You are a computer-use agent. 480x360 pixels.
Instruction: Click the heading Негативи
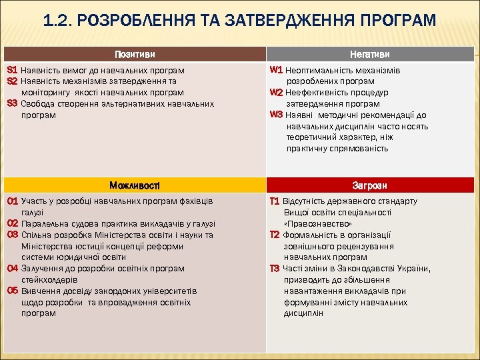(371, 54)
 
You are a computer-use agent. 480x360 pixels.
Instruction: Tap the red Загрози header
(371, 185)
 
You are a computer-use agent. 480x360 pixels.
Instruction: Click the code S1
(12, 69)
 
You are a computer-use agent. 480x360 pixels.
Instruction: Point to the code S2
(12, 81)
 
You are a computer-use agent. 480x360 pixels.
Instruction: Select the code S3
(12, 103)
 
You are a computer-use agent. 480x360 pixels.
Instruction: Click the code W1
(277, 69)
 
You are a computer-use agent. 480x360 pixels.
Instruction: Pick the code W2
(277, 92)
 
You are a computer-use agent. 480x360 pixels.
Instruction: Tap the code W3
(277, 115)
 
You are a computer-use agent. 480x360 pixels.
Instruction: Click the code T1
(275, 201)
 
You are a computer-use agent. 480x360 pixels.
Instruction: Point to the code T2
(275, 235)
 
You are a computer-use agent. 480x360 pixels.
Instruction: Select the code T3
(275, 269)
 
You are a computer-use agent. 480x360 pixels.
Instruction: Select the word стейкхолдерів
(49, 280)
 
